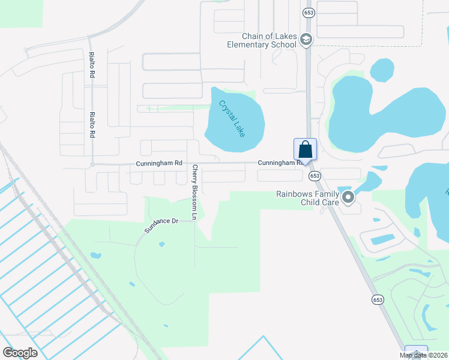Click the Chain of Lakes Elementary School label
coord(262,40)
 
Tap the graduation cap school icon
coord(306,40)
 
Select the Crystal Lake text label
coord(232,118)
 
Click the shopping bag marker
coord(305,149)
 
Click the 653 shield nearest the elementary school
coord(309,11)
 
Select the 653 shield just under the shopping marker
coord(315,176)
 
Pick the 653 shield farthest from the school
coord(378,299)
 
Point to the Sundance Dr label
coord(161,226)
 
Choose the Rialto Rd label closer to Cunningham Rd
coord(92,125)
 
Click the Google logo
coord(20,353)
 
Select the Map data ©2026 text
coord(423,355)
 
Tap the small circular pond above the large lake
coord(382,70)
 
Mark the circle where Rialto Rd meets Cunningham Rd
coord(92,164)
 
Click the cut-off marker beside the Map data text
coord(416,352)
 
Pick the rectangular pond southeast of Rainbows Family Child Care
coord(382,239)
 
